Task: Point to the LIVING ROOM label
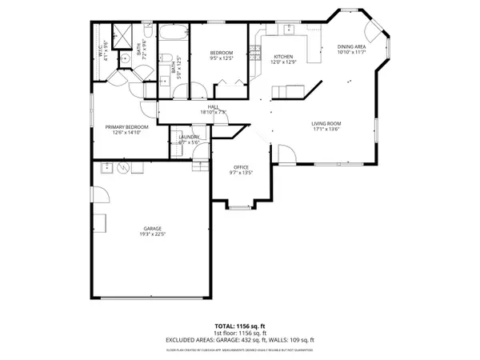326,126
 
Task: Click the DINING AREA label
351,50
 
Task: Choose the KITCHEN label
282,59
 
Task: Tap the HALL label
214,110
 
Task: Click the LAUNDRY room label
189,139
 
